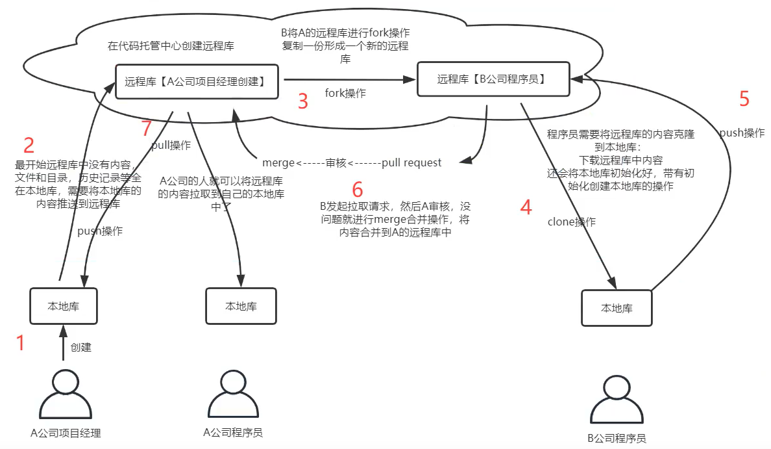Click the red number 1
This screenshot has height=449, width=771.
tap(21, 343)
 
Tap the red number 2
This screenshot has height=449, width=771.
tap(29, 145)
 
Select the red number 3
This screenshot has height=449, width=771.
tap(302, 101)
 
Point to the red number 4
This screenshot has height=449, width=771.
tap(526, 207)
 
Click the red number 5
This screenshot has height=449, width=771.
tap(744, 99)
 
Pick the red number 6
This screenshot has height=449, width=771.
tap(358, 189)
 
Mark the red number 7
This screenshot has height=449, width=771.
tap(147, 129)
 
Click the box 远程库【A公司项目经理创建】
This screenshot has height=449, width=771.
tap(197, 81)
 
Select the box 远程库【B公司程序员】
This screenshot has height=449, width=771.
tap(493, 79)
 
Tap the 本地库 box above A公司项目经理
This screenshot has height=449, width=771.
tap(64, 305)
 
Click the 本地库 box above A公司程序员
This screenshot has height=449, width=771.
tap(241, 306)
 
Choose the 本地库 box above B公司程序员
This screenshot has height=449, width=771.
tap(617, 308)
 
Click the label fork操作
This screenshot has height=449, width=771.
tap(345, 94)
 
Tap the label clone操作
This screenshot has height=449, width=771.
tap(572, 222)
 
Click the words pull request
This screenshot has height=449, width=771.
tap(411, 162)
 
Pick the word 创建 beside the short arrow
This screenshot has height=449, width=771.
tap(81, 348)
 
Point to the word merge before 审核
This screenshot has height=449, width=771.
tap(278, 162)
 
